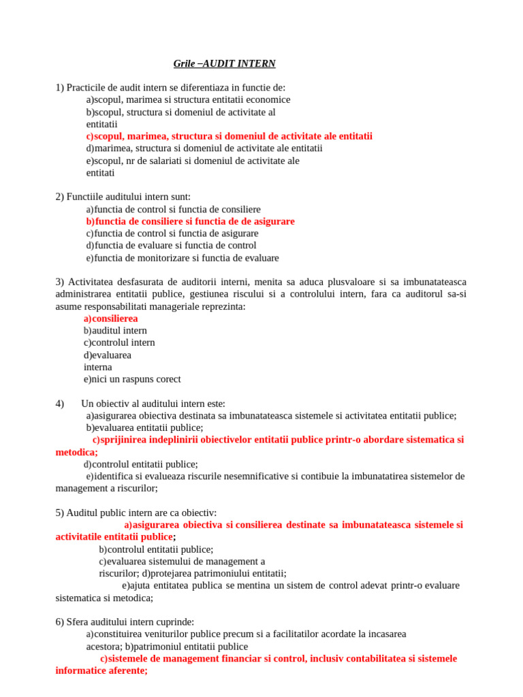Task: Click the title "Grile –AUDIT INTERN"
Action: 225,64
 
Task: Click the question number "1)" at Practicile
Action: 60,87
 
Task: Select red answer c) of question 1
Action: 229,136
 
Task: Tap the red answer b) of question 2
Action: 190,221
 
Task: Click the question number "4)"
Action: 60,404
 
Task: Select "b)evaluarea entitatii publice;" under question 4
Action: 144,427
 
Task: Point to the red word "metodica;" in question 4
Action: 77,452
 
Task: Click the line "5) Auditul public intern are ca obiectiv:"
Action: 136,513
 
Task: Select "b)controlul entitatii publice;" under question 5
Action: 156,549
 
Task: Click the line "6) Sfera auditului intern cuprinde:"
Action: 125,621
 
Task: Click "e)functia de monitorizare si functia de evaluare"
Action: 182,258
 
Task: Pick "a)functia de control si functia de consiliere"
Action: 173,209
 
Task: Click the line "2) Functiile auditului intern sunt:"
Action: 123,197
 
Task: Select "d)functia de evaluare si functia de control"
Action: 171,245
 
